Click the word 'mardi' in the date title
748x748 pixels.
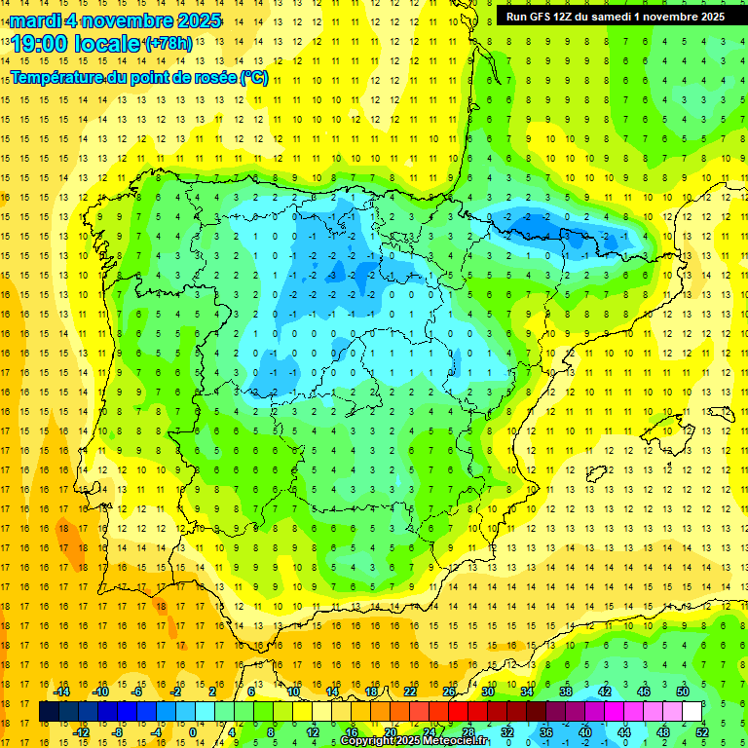[x=34, y=20]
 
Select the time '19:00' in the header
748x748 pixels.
[x=42, y=43]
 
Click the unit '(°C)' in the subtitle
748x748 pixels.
[x=253, y=78]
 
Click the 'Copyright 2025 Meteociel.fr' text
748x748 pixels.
[x=414, y=741]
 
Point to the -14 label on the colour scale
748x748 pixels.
[x=61, y=692]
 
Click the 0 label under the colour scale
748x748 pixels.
[x=193, y=731]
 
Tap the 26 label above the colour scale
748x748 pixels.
[x=449, y=692]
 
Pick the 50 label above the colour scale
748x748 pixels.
[x=683, y=692]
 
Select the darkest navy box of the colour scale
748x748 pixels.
[x=49, y=712]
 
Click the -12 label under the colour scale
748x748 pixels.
[x=82, y=731]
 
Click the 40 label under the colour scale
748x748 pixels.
[x=584, y=731]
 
